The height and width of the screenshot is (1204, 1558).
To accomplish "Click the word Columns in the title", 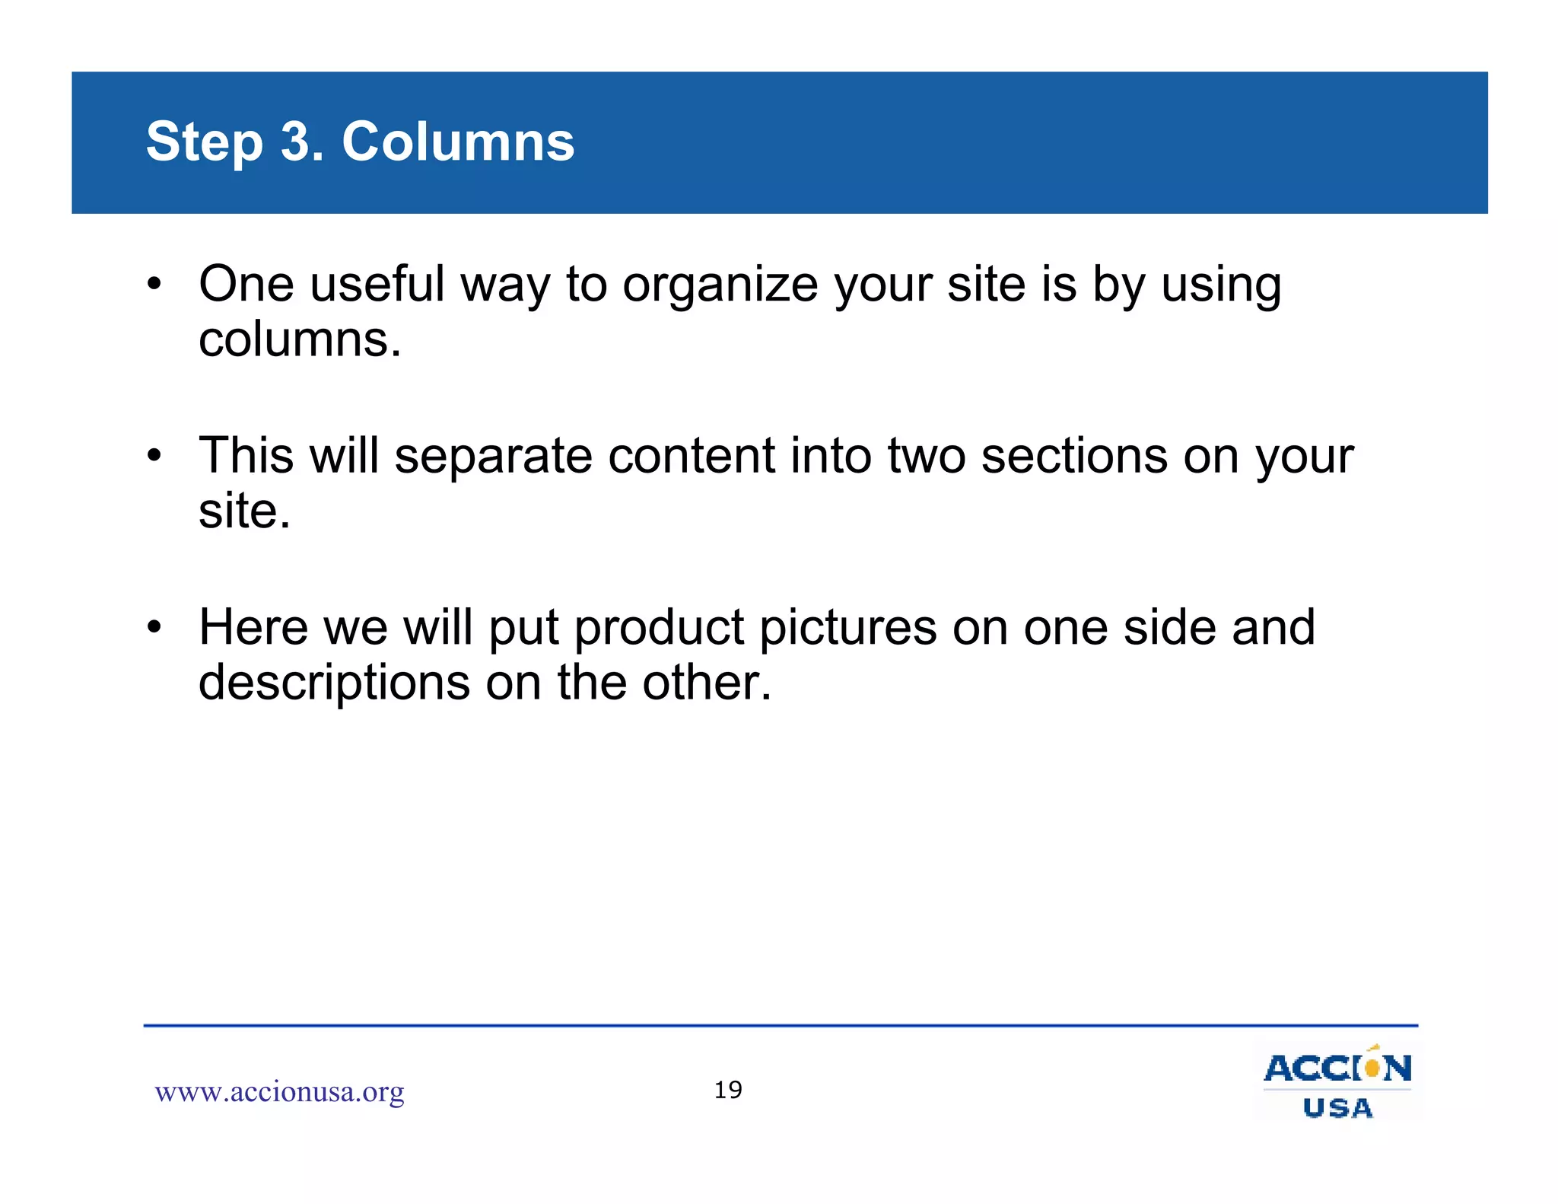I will coord(458,142).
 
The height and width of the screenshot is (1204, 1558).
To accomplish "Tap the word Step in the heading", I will coord(204,143).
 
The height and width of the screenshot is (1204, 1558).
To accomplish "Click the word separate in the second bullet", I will coord(493,456).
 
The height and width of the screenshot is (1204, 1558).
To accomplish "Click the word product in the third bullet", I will coord(659,629).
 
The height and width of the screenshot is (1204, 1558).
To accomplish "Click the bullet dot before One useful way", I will coord(155,285).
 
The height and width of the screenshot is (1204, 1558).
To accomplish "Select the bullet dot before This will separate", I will coord(155,457).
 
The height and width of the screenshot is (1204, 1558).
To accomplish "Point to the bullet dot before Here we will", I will coord(155,628).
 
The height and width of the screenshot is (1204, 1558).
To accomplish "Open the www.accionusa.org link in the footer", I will coord(279,1091).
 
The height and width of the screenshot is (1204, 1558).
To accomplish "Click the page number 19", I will coord(728,1090).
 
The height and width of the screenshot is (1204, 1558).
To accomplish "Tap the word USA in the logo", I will coord(1337,1108).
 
